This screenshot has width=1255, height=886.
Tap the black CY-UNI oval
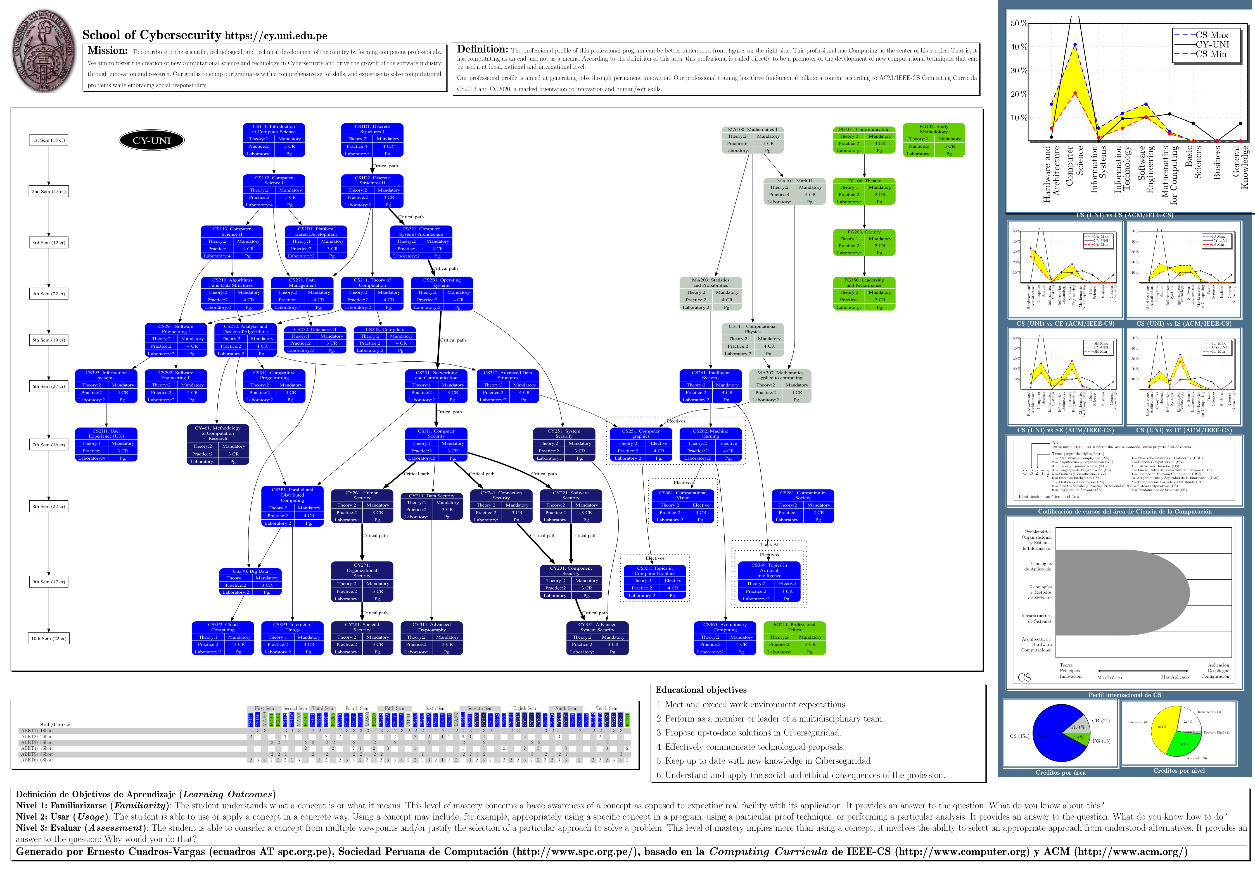click(x=151, y=140)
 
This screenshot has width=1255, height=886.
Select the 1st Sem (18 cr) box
click(x=49, y=140)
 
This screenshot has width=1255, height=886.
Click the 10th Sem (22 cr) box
click(x=49, y=638)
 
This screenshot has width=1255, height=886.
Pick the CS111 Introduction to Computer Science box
click(x=274, y=140)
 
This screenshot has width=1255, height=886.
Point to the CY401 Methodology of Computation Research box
click(x=217, y=445)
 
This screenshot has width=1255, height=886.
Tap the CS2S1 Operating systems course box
click(x=442, y=293)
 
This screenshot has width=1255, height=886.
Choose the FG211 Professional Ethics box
click(x=794, y=638)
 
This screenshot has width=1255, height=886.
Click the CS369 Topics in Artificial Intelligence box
click(x=769, y=582)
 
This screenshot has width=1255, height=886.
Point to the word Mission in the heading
click(x=108, y=51)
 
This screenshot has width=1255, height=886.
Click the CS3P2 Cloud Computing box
click(x=223, y=638)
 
